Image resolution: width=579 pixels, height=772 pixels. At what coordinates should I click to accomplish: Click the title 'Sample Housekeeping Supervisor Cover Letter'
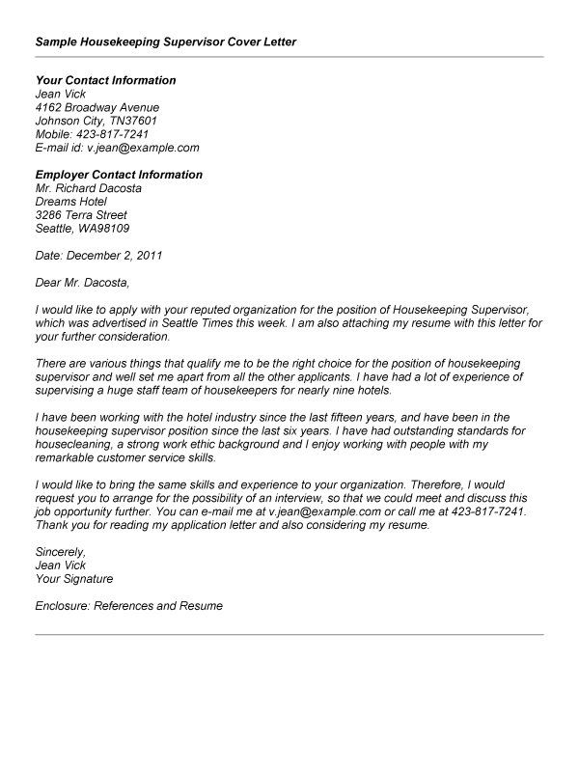(165, 42)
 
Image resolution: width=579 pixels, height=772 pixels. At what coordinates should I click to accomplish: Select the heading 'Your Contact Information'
(105, 80)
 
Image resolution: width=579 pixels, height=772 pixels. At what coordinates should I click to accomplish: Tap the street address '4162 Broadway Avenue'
(96, 107)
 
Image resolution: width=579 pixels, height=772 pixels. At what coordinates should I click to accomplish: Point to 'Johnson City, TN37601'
(96, 121)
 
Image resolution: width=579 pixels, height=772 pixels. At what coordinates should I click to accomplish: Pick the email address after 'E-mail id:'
(145, 148)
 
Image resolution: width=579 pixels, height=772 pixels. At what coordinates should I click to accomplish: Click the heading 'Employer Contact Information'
(119, 175)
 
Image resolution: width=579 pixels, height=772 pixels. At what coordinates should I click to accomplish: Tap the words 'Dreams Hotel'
(69, 202)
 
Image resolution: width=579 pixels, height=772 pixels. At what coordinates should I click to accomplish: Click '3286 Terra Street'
(80, 215)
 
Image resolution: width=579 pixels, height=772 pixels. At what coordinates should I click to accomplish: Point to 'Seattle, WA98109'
(82, 229)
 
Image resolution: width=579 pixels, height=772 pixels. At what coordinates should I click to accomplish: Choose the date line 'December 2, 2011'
(113, 256)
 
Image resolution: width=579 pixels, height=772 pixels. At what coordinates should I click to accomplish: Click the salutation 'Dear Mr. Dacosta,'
(81, 283)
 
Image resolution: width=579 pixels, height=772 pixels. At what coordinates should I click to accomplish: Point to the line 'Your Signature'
(73, 579)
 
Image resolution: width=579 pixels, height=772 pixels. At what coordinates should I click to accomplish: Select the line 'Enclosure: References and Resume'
(128, 606)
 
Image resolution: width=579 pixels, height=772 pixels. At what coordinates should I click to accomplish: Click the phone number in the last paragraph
(487, 511)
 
